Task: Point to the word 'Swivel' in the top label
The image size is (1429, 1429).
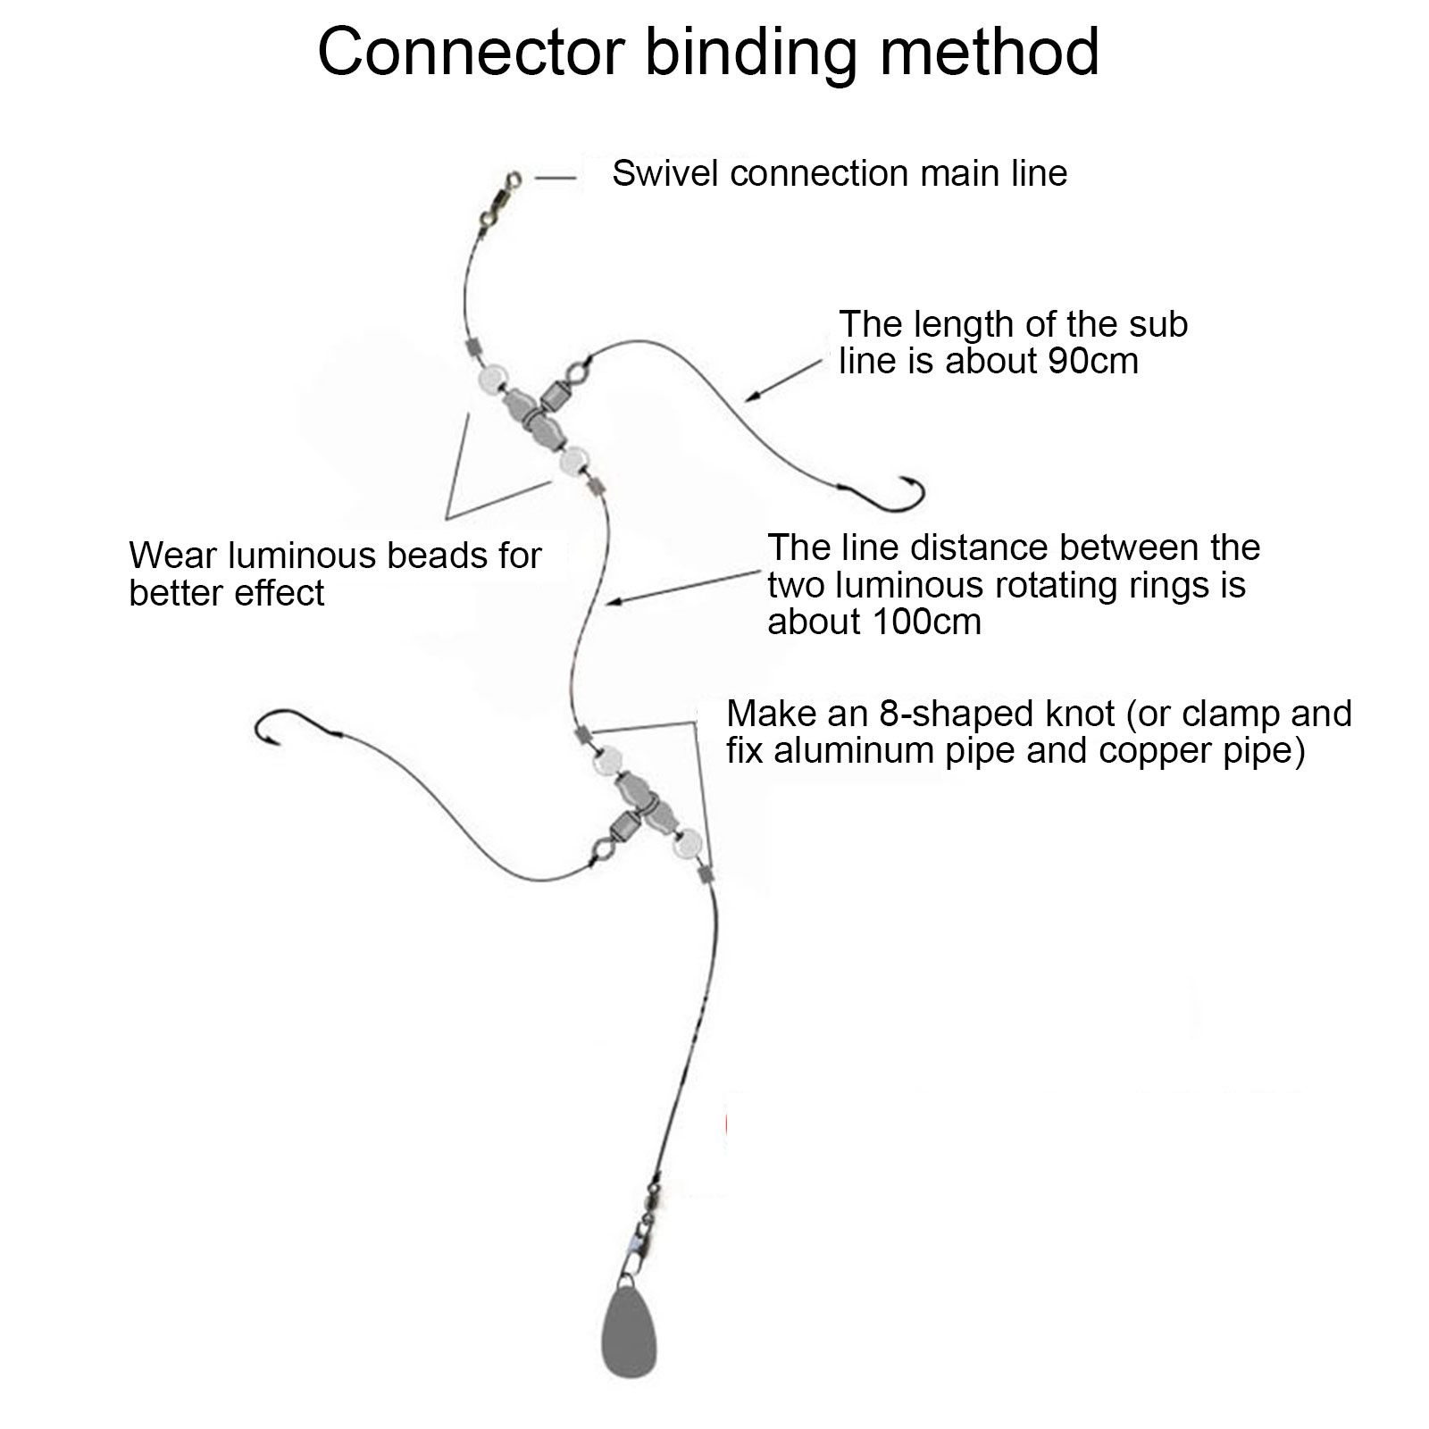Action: point(665,173)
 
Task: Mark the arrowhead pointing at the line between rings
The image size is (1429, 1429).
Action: point(611,604)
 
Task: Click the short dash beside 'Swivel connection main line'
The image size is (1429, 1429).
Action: point(556,178)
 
